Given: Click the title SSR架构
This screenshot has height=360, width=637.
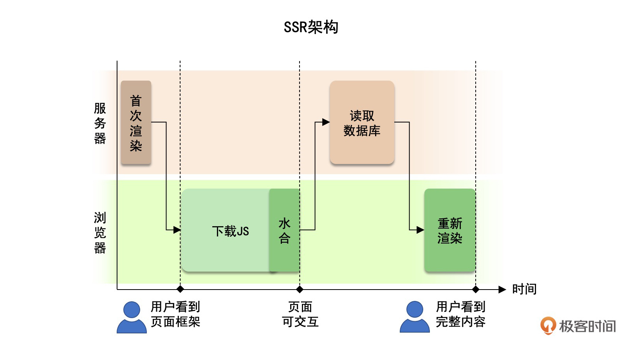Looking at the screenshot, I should [x=311, y=27].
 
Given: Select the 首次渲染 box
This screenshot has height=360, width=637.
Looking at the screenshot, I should [x=136, y=122].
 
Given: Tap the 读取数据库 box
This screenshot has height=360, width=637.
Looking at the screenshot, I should [x=362, y=122].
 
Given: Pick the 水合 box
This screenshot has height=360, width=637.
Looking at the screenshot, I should [x=285, y=230].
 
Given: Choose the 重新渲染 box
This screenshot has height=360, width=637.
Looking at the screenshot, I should [x=450, y=230].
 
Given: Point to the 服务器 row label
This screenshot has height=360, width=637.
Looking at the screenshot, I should [x=100, y=123].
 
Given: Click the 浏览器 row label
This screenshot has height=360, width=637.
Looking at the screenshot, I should [x=100, y=233].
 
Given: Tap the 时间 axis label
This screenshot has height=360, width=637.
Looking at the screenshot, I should [x=524, y=289].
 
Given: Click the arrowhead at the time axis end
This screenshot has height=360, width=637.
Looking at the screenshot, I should [x=502, y=290].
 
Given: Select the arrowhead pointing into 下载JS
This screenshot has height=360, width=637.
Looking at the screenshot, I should [x=177, y=230].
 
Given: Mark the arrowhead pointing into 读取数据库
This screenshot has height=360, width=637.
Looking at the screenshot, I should [x=326, y=122].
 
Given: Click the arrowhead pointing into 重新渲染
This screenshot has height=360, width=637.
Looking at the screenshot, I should [x=420, y=230].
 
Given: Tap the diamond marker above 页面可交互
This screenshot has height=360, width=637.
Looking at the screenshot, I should [x=300, y=290].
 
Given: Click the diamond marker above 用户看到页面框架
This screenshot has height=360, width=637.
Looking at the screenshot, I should [x=180, y=290].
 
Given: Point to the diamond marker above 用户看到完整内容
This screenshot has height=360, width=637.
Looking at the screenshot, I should [x=476, y=290].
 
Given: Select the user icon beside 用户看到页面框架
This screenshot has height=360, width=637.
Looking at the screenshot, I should [x=132, y=317].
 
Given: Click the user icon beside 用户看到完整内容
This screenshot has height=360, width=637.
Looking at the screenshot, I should [x=415, y=317].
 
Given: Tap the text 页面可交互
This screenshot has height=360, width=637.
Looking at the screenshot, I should [x=300, y=314].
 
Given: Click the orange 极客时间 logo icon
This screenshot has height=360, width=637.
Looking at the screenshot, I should [x=548, y=326].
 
